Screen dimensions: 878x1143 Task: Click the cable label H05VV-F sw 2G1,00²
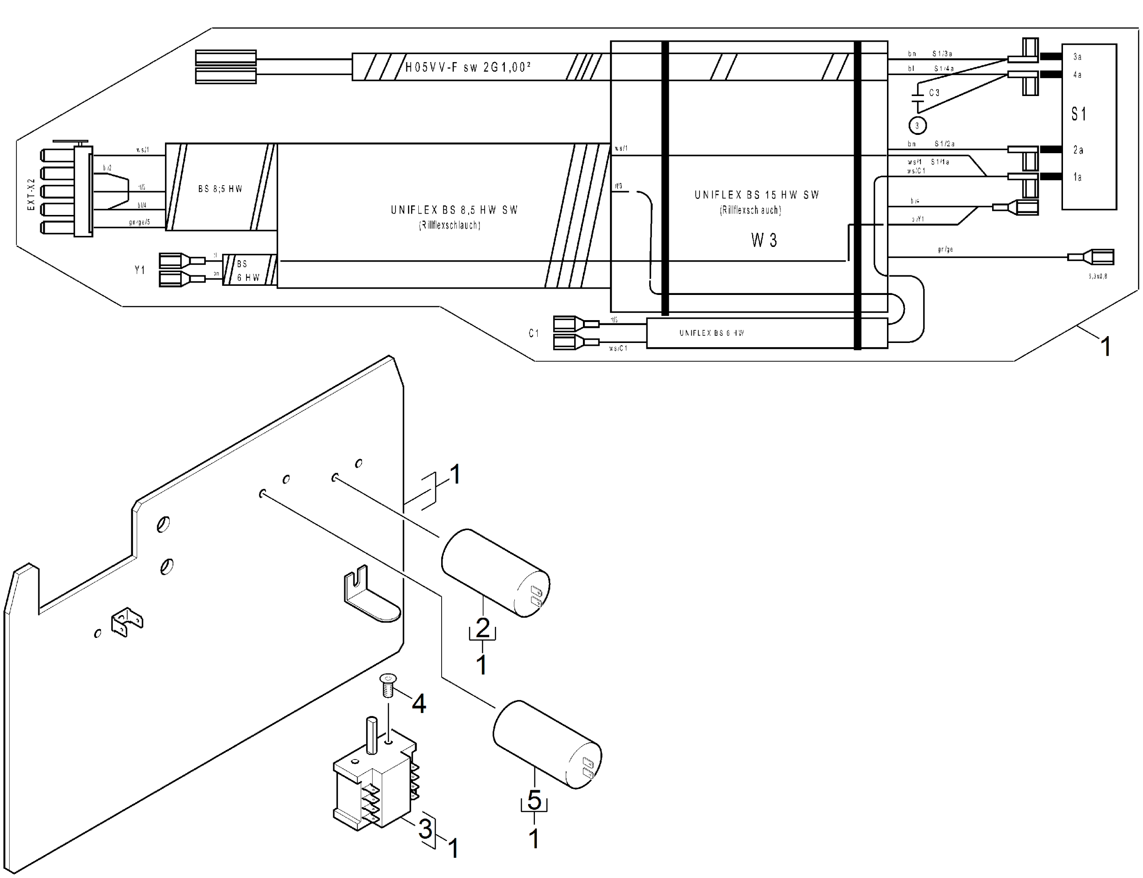coord(468,67)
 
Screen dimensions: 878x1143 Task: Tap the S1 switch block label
coord(1078,114)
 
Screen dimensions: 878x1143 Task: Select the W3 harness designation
coord(764,241)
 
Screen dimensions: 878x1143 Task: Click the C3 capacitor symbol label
coord(934,93)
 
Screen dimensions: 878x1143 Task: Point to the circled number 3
coord(917,125)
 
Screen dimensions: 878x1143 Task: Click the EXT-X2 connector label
coord(32,194)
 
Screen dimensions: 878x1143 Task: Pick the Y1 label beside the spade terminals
coord(139,270)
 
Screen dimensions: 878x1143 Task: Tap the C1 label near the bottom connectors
coord(534,333)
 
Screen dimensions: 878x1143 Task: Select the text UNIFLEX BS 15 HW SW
coord(756,195)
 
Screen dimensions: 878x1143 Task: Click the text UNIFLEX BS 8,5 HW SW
coord(454,210)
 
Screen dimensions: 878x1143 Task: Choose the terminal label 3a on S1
coord(1077,56)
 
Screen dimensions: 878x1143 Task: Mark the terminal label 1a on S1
coord(1077,177)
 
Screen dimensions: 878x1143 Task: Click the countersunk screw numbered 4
coord(388,685)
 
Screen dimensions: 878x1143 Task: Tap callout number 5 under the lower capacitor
coord(534,800)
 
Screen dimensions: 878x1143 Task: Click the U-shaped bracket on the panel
coord(366,596)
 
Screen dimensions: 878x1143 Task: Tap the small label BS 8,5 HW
coord(220,189)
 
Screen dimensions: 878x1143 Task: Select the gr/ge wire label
coord(945,249)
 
